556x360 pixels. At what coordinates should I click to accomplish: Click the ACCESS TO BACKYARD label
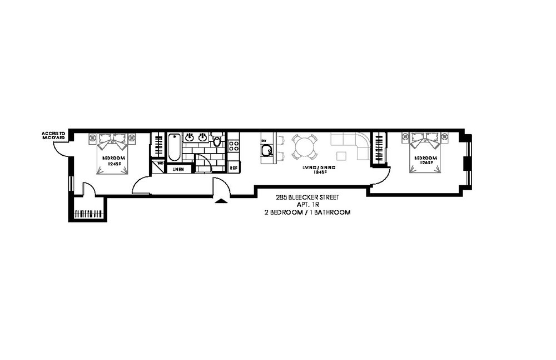(x=54, y=135)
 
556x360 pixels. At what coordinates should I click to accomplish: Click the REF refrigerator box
(x=234, y=167)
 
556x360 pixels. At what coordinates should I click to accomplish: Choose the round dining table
(x=304, y=147)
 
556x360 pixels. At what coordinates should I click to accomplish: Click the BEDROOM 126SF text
(x=425, y=161)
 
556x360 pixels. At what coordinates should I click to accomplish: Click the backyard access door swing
(x=59, y=146)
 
